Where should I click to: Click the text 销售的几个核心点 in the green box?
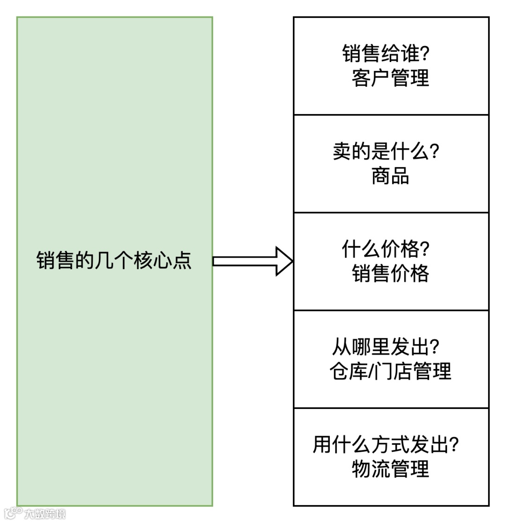click(114, 261)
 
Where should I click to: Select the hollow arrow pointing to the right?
click(253, 261)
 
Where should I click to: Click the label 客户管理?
click(390, 78)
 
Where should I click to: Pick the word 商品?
click(390, 176)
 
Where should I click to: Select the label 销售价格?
click(390, 273)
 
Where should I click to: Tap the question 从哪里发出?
click(386, 347)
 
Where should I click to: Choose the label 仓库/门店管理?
click(390, 371)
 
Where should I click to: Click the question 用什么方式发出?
click(386, 445)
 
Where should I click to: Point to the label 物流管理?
click(390, 469)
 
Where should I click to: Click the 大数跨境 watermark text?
click(45, 514)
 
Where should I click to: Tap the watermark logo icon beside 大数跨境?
click(13, 513)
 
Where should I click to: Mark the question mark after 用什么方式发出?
click(453, 445)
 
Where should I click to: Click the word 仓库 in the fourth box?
click(348, 371)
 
